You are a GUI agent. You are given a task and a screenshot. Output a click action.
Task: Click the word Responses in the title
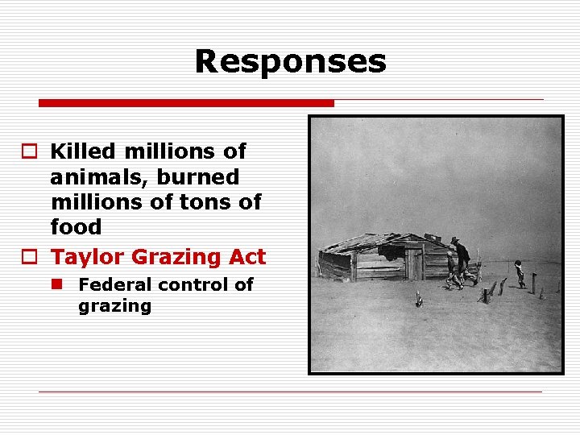290,61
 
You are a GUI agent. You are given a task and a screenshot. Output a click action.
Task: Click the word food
76,227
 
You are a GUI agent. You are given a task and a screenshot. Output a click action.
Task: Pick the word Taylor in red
88,257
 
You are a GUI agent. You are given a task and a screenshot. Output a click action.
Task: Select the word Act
246,257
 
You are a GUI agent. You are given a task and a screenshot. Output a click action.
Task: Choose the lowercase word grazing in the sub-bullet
114,306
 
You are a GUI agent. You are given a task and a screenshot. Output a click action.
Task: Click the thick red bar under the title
186,103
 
